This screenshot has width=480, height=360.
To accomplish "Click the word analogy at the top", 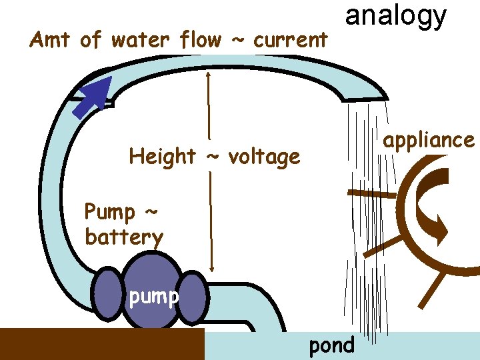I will click(x=395, y=16).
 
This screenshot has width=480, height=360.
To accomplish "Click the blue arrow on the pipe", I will click(x=93, y=97).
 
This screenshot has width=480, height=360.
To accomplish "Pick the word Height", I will click(x=162, y=157).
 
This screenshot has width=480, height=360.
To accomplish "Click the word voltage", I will click(x=264, y=157).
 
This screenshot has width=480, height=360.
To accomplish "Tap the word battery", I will click(x=124, y=237).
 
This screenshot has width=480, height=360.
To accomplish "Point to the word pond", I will click(x=332, y=345).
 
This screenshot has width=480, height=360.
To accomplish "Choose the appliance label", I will click(x=428, y=140).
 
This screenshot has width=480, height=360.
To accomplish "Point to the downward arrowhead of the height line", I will click(x=211, y=268).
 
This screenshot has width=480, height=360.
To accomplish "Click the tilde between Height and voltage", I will click(x=212, y=157).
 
